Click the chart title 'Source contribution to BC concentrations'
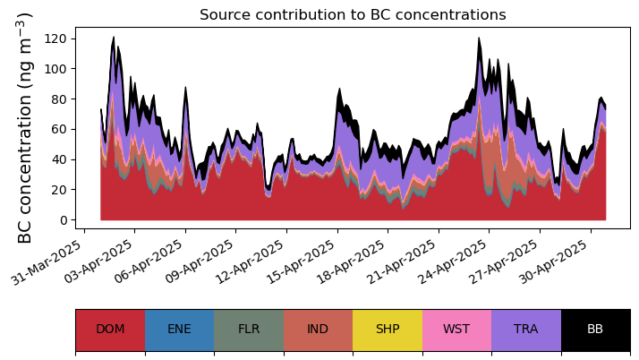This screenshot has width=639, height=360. click(x=353, y=14)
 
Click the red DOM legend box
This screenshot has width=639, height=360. click(x=110, y=330)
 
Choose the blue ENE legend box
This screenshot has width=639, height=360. click(x=180, y=330)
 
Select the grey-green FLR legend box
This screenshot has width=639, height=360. click(x=249, y=330)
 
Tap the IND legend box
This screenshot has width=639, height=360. click(x=319, y=330)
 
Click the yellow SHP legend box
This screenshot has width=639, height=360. click(x=388, y=330)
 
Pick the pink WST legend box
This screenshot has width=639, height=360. click(x=456, y=330)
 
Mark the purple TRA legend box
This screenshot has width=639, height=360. click(x=526, y=330)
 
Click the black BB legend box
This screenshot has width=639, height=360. click(x=596, y=330)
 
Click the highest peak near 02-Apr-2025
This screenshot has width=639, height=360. click(x=114, y=37)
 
